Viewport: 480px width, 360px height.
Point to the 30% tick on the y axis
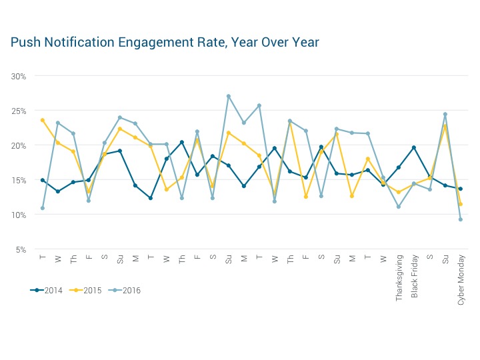[19, 76]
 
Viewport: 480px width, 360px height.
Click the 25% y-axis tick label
[19, 111]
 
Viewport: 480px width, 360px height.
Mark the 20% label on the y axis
[19, 145]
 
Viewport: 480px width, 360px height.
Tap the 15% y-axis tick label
[19, 180]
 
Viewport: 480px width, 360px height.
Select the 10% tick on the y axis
[19, 215]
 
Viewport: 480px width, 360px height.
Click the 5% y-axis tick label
[21, 249]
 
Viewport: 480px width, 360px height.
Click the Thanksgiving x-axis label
[399, 278]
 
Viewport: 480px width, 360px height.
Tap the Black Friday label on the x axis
[414, 277]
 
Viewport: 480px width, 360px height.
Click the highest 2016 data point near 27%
[229, 96]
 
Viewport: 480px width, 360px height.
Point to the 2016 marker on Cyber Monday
[461, 219]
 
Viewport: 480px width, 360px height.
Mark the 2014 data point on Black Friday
[414, 147]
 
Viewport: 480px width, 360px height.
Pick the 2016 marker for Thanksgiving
[399, 207]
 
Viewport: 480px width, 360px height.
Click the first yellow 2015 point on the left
[43, 120]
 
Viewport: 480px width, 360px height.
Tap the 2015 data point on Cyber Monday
[461, 204]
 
